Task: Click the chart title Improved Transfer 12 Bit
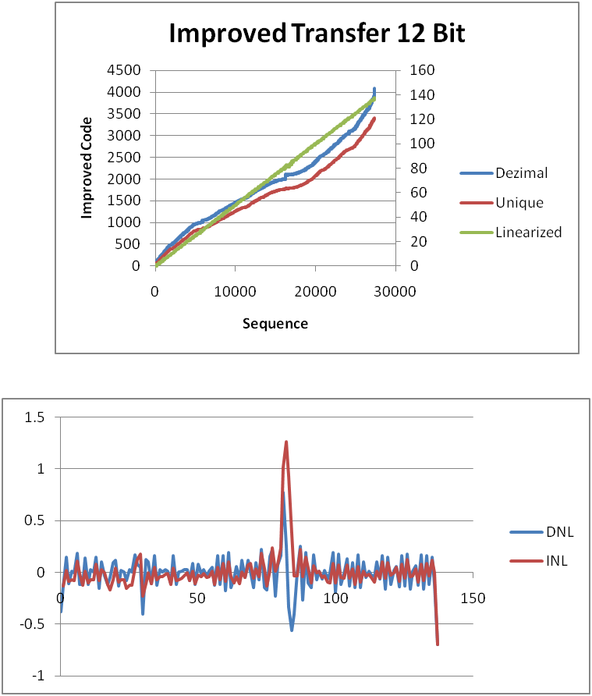pos(317,34)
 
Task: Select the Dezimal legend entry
pos(521,173)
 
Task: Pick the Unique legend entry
pos(519,203)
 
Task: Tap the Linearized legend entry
pos(528,233)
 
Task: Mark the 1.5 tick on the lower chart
pos(34,417)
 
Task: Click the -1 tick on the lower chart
pos(36,676)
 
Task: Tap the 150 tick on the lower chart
pos(473,599)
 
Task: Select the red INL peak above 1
pos(286,442)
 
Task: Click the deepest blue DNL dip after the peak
pos(292,630)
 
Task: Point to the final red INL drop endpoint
pos(438,645)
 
